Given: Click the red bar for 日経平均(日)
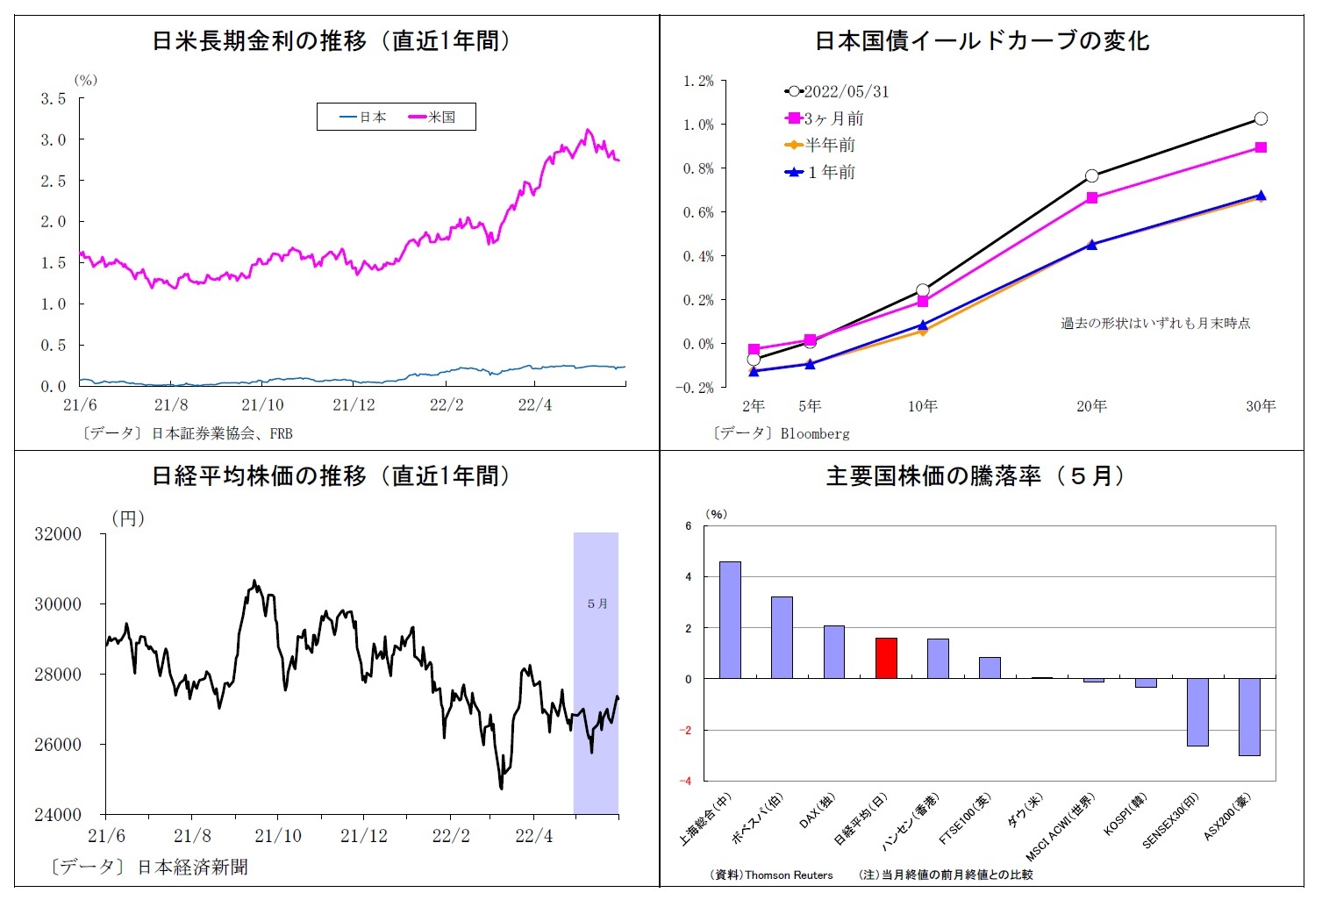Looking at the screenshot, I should tap(886, 658).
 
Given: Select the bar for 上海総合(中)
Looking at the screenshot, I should tap(730, 619).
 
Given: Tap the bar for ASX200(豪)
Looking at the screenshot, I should tap(1249, 716).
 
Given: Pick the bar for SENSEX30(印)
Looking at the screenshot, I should tap(1197, 711).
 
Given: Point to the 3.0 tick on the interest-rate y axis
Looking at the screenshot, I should tap(54, 139).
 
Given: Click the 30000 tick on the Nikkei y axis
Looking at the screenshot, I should tap(58, 604).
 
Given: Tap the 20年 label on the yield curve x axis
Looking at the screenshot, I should tap(1091, 406).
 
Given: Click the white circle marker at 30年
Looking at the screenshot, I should tap(1261, 118).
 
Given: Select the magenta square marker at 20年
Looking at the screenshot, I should tap(1092, 198).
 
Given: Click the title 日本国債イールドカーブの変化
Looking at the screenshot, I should tap(982, 41).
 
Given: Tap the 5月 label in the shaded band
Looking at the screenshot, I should tap(597, 603).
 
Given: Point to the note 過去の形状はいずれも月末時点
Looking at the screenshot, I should tap(1154, 324).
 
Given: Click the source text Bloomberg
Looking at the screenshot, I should tap(814, 433).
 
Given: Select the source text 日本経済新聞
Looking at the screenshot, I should tap(192, 868).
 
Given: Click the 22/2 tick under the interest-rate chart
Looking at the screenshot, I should tap(447, 405).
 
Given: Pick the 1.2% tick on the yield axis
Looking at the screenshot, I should tap(698, 82).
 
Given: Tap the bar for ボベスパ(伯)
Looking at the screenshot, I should tap(782, 638).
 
